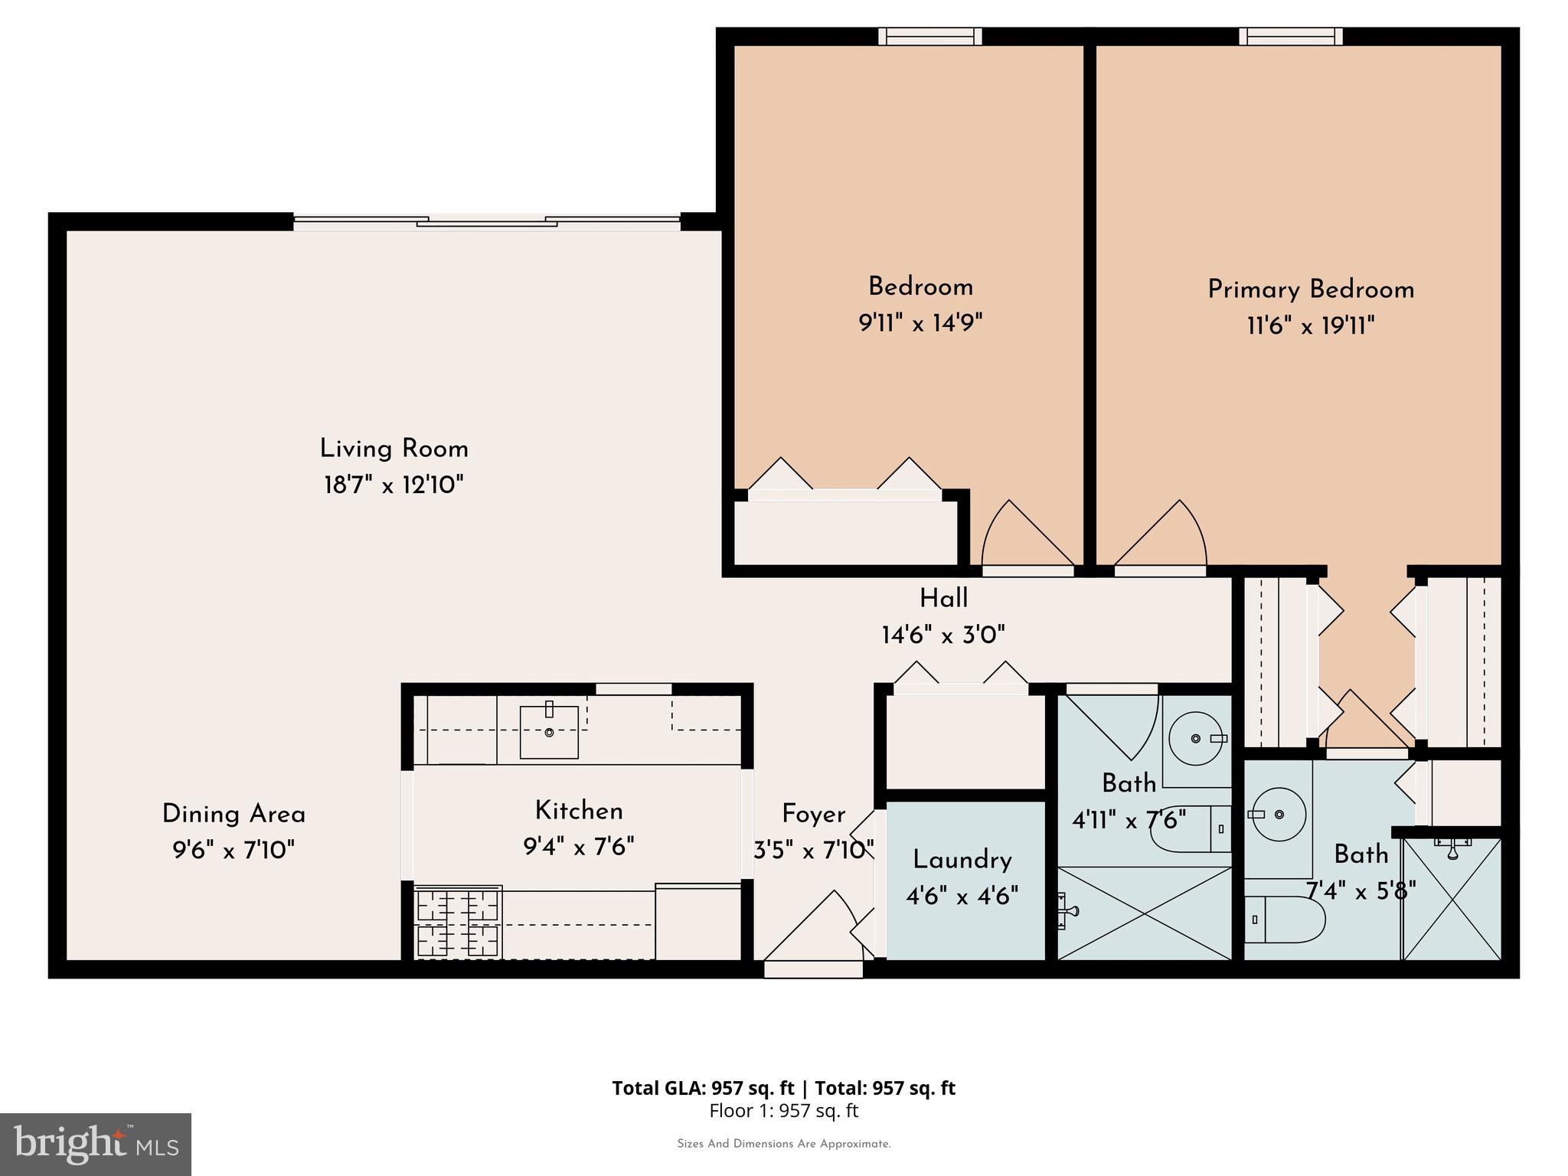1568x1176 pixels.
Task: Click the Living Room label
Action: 394,449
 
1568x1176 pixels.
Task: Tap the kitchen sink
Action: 549,732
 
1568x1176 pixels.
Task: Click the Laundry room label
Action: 962,860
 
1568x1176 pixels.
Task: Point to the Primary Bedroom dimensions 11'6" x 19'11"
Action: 1311,327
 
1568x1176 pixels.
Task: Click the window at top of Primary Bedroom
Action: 1291,36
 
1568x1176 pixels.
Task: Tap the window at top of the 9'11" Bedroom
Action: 929,36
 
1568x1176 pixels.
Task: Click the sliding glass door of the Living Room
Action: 487,222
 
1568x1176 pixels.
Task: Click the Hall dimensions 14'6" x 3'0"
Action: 943,635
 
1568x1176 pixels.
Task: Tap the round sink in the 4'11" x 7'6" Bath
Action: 1196,739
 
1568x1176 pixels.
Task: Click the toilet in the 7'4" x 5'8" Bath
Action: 1285,919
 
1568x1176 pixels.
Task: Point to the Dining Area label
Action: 234,814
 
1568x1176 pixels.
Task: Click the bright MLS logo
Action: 96,1145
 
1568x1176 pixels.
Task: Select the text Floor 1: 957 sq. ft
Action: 783,1111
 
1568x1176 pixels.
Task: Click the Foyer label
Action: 813,814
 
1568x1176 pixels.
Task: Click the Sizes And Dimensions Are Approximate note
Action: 783,1144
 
